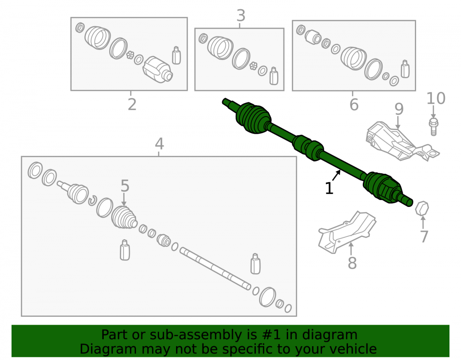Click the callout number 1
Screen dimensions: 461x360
click(329, 189)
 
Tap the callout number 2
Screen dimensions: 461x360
click(132, 104)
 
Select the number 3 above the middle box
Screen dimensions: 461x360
click(241, 16)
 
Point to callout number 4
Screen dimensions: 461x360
click(159, 144)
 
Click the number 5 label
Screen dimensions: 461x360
click(125, 186)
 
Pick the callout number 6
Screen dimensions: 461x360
click(354, 105)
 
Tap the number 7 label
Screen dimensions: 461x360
click(424, 236)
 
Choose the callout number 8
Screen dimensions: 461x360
click(352, 263)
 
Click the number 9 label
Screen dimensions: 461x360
click(399, 109)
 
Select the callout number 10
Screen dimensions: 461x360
click(436, 98)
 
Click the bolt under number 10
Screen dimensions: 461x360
click(434, 127)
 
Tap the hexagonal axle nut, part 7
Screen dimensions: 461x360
click(422, 208)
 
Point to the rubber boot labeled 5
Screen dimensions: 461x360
click(124, 218)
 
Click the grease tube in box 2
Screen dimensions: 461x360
click(176, 55)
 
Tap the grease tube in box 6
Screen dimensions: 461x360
click(405, 69)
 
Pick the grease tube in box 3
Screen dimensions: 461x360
click(274, 76)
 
